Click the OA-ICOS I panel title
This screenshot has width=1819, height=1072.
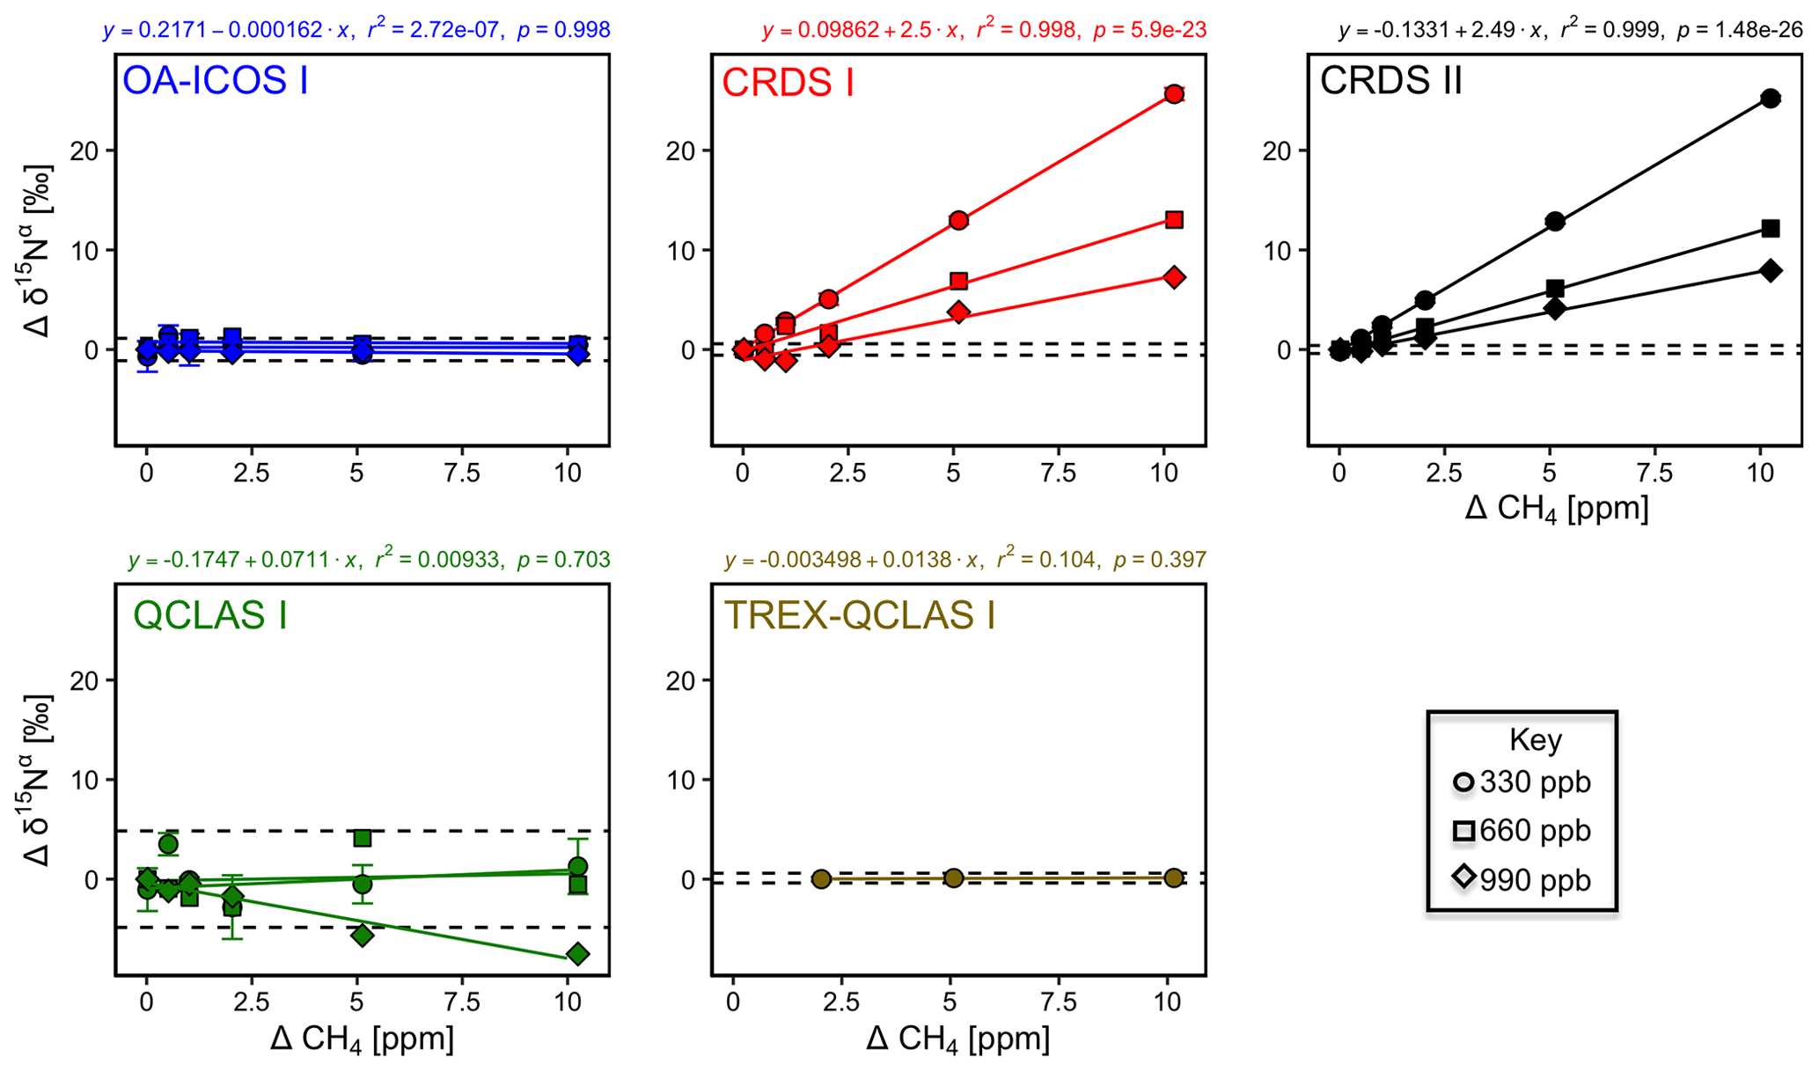pyautogui.click(x=215, y=81)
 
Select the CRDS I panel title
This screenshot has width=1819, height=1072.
pyautogui.click(x=788, y=83)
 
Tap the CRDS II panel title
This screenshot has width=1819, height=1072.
pyautogui.click(x=1390, y=81)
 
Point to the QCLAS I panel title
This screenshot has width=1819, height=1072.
pyautogui.click(x=210, y=614)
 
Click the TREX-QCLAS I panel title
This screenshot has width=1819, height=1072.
pyautogui.click(x=859, y=615)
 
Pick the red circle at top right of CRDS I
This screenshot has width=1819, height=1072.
pyautogui.click(x=1173, y=94)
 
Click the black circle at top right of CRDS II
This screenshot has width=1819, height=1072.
pyautogui.click(x=1771, y=99)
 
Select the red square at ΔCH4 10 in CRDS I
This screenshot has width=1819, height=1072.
pyautogui.click(x=1173, y=219)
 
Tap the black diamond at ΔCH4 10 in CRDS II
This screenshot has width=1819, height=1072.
pyautogui.click(x=1771, y=270)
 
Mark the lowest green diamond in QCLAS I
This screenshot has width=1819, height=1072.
pyautogui.click(x=577, y=954)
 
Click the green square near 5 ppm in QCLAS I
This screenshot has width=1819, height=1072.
pyautogui.click(x=362, y=838)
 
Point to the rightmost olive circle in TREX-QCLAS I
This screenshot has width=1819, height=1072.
pyautogui.click(x=1173, y=877)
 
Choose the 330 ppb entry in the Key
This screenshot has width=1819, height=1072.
pyautogui.click(x=1522, y=782)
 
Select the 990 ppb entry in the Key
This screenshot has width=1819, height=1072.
pyautogui.click(x=1522, y=879)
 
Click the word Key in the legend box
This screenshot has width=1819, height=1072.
pyautogui.click(x=1535, y=739)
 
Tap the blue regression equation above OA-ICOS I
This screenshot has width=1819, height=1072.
pyautogui.click(x=356, y=31)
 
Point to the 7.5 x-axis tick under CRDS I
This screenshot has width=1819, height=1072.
pyautogui.click(x=1059, y=474)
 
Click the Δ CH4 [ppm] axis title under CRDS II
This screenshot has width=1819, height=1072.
pyautogui.click(x=1556, y=509)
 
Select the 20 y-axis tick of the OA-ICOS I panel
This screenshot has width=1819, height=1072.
pyautogui.click(x=91, y=151)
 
